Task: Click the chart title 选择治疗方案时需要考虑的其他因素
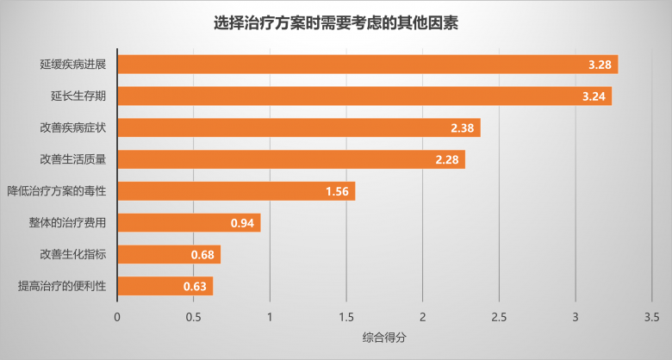[x=336, y=23]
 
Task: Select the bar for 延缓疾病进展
[x=367, y=65]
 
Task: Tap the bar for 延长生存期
[x=364, y=96]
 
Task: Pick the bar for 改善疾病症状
[x=298, y=127]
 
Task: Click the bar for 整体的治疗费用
[x=189, y=223]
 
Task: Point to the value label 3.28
[x=600, y=65]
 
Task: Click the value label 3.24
[x=594, y=96]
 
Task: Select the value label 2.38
[x=463, y=128]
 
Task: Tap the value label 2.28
[x=447, y=160]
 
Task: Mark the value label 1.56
[x=337, y=191]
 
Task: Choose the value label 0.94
[x=242, y=223]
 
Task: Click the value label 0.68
[x=202, y=255]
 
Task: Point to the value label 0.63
[x=195, y=286]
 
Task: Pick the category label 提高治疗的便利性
[x=61, y=286]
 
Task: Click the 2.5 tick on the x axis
[x=499, y=317]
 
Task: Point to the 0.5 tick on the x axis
[x=194, y=317]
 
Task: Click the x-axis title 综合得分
[x=384, y=337]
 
